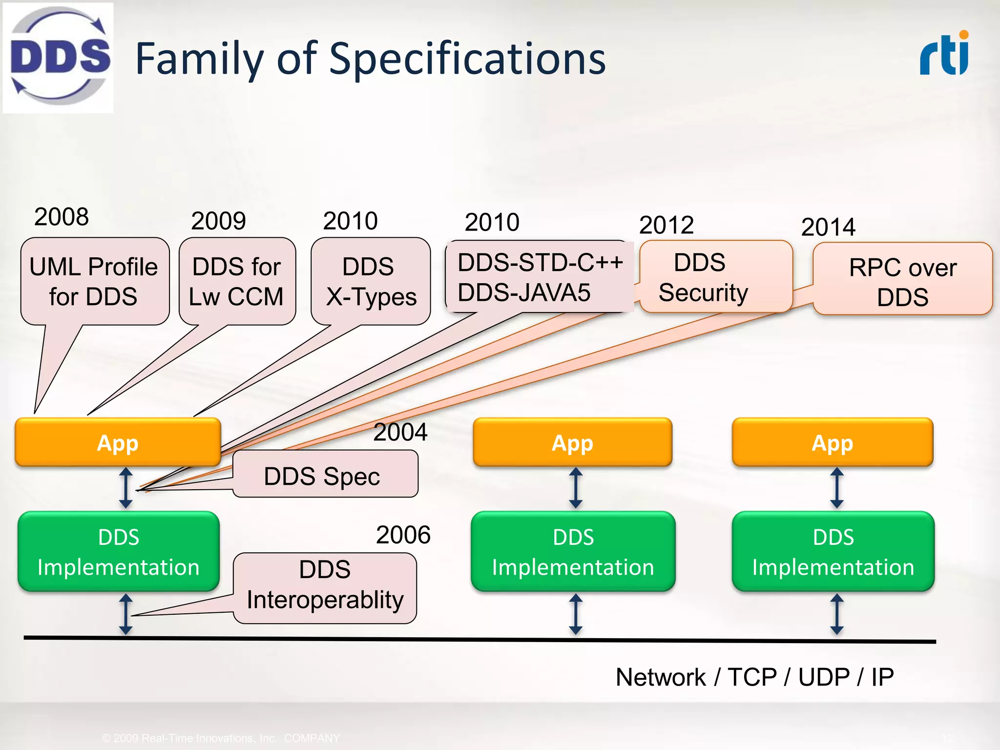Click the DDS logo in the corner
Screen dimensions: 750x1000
pos(58,58)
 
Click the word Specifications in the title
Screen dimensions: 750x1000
pos(467,59)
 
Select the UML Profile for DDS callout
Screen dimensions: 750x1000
pos(94,281)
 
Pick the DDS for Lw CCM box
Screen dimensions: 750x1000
pos(237,281)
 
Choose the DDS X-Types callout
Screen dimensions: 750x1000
pos(371,281)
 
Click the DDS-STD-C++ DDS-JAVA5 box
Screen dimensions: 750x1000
pos(539,277)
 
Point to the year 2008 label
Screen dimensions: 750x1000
pos(62,217)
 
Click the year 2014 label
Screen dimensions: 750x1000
pos(828,227)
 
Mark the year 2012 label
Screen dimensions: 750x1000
pos(667,225)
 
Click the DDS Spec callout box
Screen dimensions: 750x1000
pos(325,474)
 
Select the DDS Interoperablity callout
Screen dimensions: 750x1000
pos(325,587)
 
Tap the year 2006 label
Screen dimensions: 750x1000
pos(403,535)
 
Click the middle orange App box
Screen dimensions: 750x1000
pos(572,442)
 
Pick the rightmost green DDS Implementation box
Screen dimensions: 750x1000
pos(833,551)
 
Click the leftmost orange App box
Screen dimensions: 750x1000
pos(118,442)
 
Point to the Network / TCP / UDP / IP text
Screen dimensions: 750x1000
pos(754,677)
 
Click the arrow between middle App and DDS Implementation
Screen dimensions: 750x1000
pos(576,488)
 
